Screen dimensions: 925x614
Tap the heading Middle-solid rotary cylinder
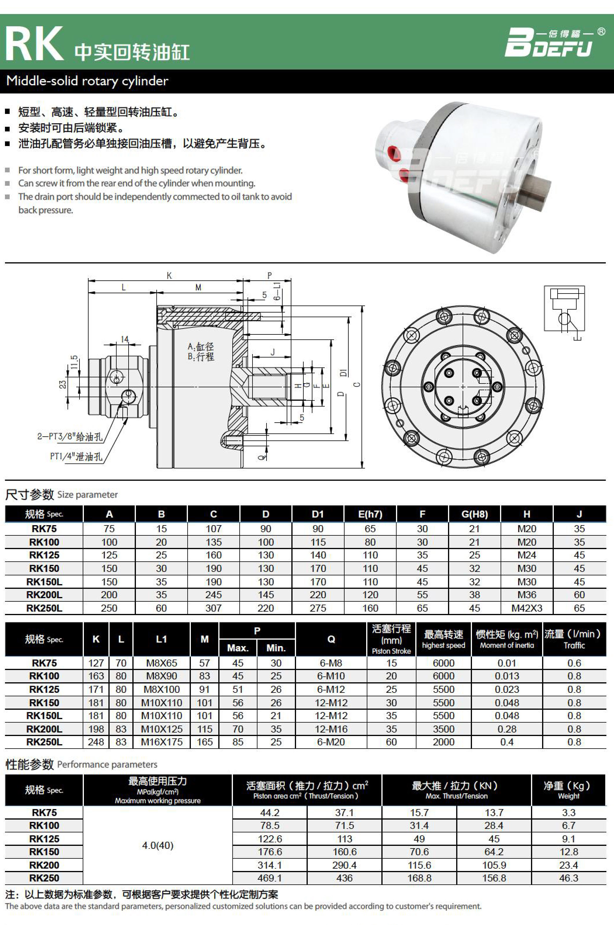click(x=87, y=81)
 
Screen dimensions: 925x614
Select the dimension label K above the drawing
click(x=169, y=275)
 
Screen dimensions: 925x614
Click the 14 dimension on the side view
click(x=124, y=339)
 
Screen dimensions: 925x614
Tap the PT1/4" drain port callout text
click(x=76, y=457)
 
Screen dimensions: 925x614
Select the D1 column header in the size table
click(x=318, y=514)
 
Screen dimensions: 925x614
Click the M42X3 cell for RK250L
click(x=526, y=608)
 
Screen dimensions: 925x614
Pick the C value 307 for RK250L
click(x=213, y=608)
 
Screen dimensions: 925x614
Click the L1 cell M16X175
click(x=161, y=742)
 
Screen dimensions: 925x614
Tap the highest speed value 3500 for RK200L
click(x=443, y=729)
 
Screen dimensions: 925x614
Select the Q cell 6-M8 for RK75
click(x=331, y=663)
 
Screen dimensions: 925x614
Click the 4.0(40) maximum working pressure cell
click(x=158, y=846)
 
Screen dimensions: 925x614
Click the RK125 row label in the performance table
click(x=44, y=839)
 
